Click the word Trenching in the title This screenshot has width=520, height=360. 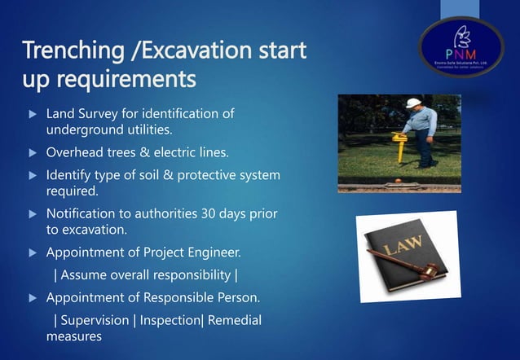tap(68, 51)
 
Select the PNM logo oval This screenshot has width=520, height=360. tap(461, 47)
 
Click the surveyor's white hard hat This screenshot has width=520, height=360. tap(414, 103)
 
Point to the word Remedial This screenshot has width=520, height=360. tap(235, 320)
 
